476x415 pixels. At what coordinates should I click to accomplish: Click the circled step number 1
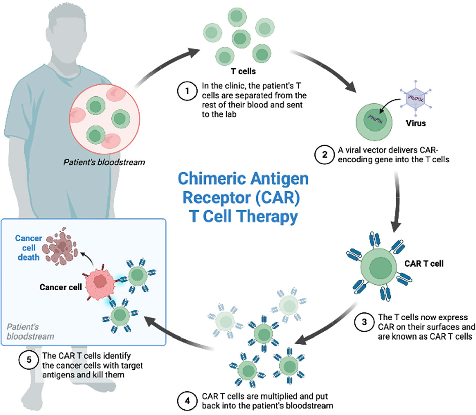(x=187, y=91)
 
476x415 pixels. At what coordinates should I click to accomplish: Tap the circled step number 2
(x=324, y=155)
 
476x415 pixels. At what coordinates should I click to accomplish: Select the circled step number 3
(x=364, y=322)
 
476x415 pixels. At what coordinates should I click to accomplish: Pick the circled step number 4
(x=187, y=401)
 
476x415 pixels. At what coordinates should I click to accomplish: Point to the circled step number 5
(x=29, y=360)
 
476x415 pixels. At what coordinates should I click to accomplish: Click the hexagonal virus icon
(x=416, y=98)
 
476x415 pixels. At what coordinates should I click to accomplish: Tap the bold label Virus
(x=416, y=123)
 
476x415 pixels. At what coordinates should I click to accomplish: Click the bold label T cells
(x=243, y=71)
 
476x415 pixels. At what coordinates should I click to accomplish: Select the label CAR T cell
(x=424, y=263)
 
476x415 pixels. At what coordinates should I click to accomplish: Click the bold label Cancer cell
(x=61, y=287)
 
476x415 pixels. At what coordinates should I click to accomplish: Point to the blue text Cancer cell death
(x=29, y=248)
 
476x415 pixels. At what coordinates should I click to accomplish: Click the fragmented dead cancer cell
(x=60, y=247)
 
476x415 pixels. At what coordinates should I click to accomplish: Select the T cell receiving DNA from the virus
(x=374, y=122)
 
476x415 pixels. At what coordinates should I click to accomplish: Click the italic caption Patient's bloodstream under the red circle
(x=104, y=162)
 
